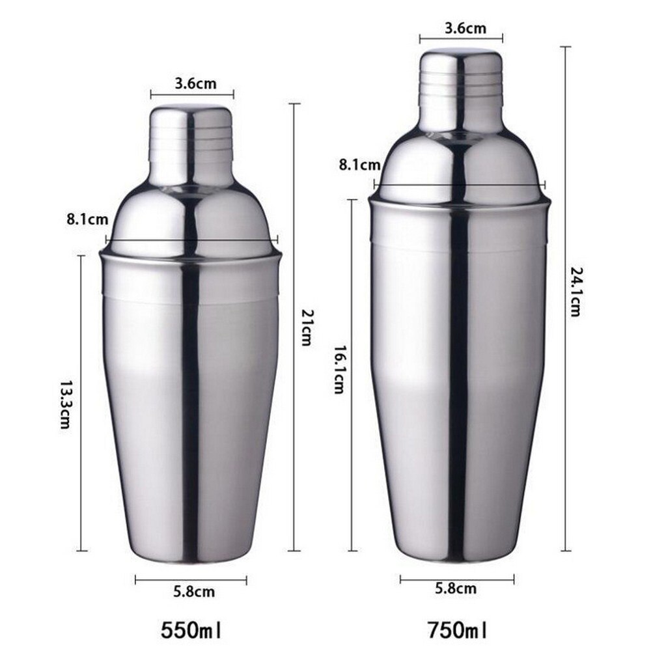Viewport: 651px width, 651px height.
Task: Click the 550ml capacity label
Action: point(191,630)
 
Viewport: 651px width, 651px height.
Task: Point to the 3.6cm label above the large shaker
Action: point(461,28)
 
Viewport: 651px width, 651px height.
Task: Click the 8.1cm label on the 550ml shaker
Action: point(87,219)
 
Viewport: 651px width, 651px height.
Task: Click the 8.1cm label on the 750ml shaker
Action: point(359,165)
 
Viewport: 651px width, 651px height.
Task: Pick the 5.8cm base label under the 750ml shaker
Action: point(456,589)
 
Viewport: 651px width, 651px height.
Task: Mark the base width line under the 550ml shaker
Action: point(191,579)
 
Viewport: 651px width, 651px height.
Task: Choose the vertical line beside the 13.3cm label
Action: point(81,325)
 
